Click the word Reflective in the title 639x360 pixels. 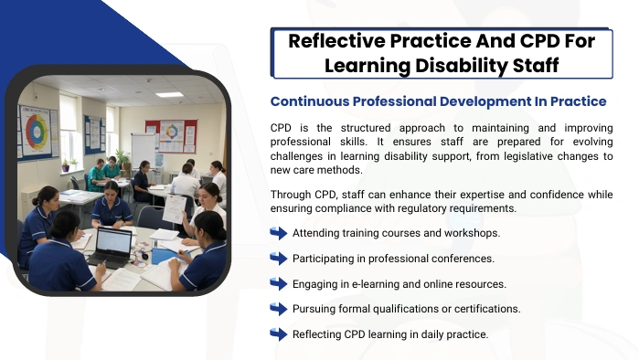pyautogui.click(x=336, y=41)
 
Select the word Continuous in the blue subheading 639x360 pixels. pyautogui.click(x=310, y=101)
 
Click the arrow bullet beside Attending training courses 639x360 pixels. pyautogui.click(x=279, y=233)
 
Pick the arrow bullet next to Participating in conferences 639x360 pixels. pyautogui.click(x=279, y=259)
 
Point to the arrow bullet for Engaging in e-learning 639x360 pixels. pyautogui.click(x=279, y=284)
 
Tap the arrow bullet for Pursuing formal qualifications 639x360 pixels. pyautogui.click(x=279, y=309)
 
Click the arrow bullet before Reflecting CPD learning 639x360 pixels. pyautogui.click(x=279, y=334)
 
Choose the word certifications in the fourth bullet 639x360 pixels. pyautogui.click(x=487, y=309)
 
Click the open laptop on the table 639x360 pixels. pyautogui.click(x=112, y=248)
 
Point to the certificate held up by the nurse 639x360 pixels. pyautogui.click(x=175, y=209)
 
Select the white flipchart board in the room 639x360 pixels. pyautogui.click(x=143, y=150)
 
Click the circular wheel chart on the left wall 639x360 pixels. pyautogui.click(x=37, y=132)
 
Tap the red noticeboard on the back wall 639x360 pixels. pyautogui.click(x=172, y=135)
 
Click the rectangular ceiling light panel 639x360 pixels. pyautogui.click(x=169, y=95)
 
